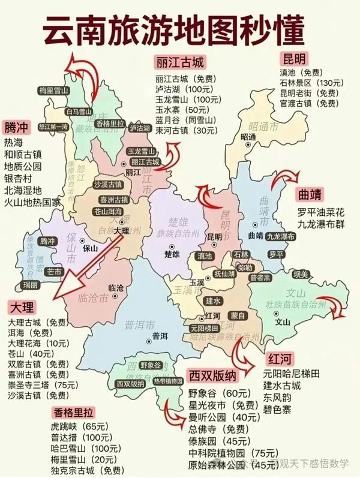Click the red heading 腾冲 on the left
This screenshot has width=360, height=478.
point(17,128)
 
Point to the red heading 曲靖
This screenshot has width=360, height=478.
point(311,196)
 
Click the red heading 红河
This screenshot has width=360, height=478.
point(280,359)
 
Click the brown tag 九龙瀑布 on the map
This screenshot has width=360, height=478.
point(281,236)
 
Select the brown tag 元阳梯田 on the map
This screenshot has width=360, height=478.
point(204,328)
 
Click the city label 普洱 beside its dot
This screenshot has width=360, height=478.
point(160,336)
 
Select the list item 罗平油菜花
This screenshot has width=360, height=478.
point(322,212)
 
